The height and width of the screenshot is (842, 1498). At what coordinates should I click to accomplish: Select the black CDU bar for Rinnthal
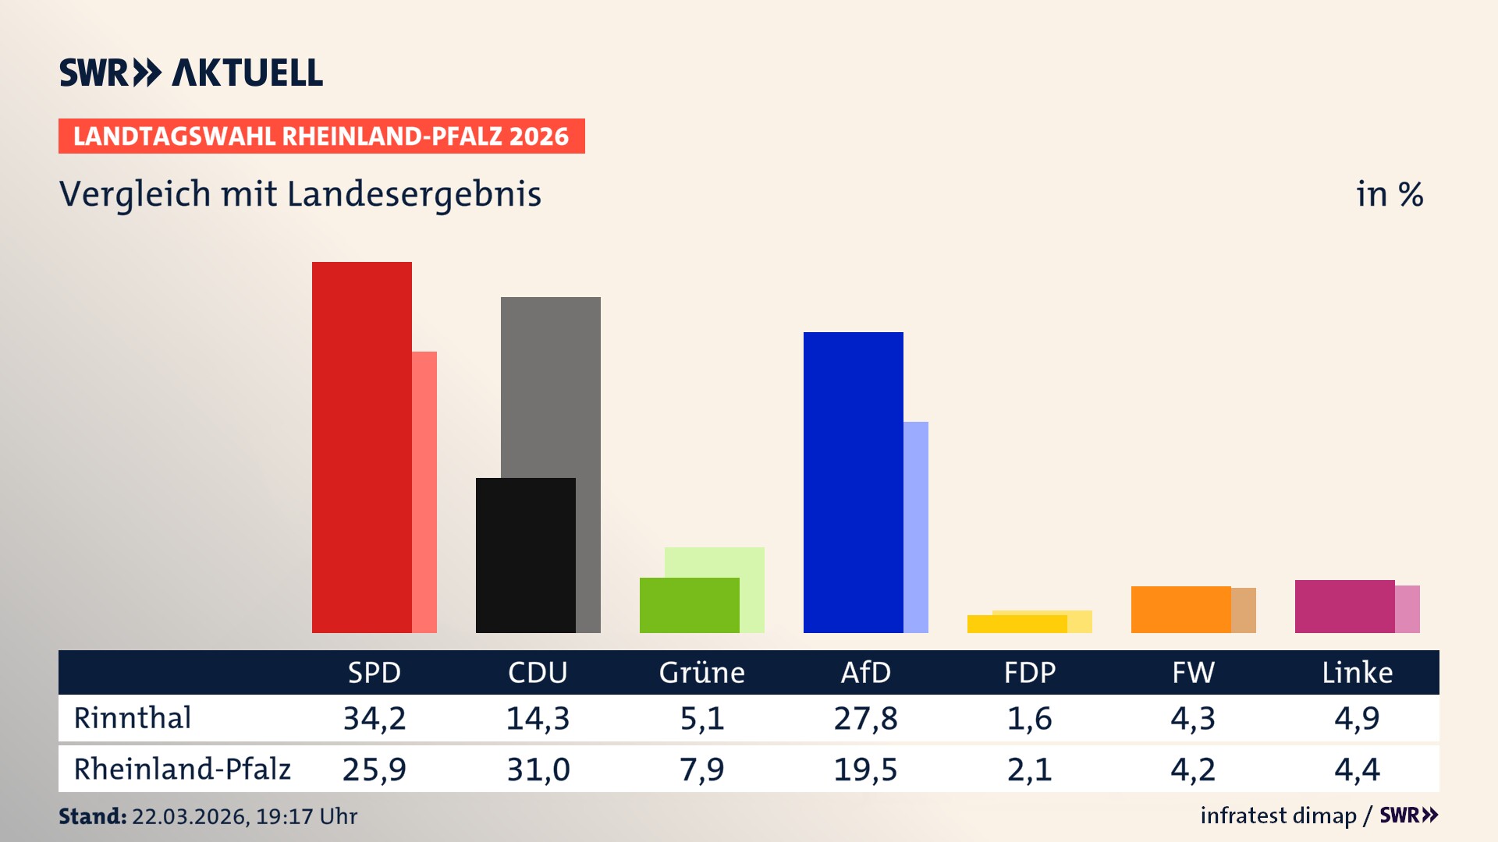pos(525,555)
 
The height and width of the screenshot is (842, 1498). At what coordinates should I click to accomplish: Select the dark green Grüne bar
pos(689,605)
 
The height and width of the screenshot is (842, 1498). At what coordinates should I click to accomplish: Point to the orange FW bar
pos(1180,609)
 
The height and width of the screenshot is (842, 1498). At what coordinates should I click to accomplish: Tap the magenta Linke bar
pos(1344,606)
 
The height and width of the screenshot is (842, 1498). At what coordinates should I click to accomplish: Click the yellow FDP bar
pos(1017,624)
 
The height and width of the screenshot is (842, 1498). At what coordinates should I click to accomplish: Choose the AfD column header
pos(865,672)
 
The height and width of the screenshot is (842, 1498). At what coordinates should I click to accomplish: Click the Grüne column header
pos(701,672)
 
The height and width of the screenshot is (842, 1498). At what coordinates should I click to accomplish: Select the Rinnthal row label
pos(133,718)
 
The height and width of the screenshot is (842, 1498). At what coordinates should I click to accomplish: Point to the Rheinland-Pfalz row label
pos(182,769)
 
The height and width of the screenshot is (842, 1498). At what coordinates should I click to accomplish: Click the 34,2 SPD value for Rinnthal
pos(374,718)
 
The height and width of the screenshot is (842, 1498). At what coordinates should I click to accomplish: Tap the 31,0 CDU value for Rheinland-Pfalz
pos(538,769)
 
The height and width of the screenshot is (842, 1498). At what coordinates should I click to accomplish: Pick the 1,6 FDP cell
pos(1029,718)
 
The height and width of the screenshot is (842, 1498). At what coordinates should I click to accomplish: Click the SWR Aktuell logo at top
pos(191,73)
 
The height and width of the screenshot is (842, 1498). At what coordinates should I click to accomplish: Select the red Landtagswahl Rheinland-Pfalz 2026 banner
pos(321,136)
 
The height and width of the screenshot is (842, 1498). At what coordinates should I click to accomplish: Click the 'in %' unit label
pos(1389,194)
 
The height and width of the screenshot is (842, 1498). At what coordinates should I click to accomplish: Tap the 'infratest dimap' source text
pos(1278,815)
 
